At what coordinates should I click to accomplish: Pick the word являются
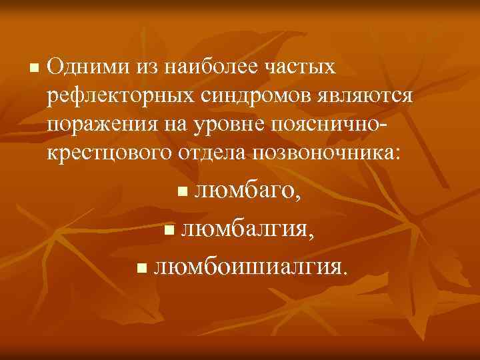[x=363, y=96]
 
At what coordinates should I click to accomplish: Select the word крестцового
[x=108, y=153]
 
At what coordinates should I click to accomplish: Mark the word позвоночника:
[x=327, y=153]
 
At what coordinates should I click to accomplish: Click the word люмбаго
[x=245, y=193]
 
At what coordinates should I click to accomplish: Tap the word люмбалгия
[x=244, y=231]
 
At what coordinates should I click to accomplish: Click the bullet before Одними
[x=35, y=69]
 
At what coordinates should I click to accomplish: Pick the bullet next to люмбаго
[x=182, y=194]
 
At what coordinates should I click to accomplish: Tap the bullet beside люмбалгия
[x=168, y=232]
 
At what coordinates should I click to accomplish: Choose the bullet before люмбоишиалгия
[x=140, y=269]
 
